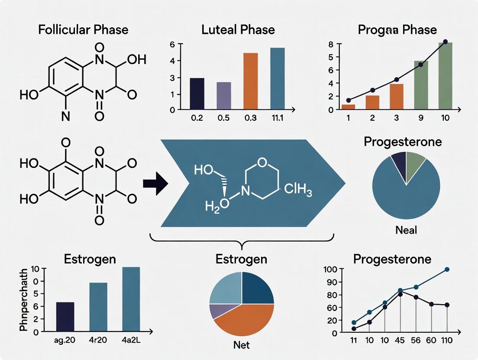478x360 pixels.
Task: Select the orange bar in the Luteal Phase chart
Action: tap(250, 80)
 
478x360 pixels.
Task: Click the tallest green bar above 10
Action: tap(445, 75)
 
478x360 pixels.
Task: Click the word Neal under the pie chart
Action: tap(406, 230)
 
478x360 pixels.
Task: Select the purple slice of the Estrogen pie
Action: tap(216, 311)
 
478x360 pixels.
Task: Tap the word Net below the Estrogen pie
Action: tap(241, 345)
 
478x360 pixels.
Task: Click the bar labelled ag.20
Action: tap(65, 317)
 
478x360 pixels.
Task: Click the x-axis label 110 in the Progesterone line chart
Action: tap(446, 341)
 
